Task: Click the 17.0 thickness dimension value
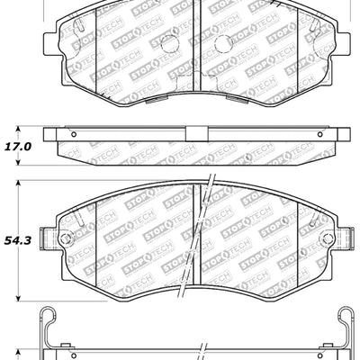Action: click(x=19, y=145)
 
